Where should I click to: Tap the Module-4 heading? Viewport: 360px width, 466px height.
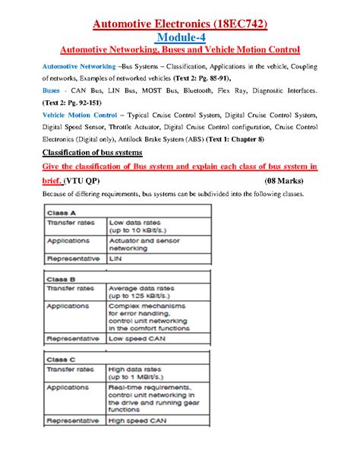[179, 36]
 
